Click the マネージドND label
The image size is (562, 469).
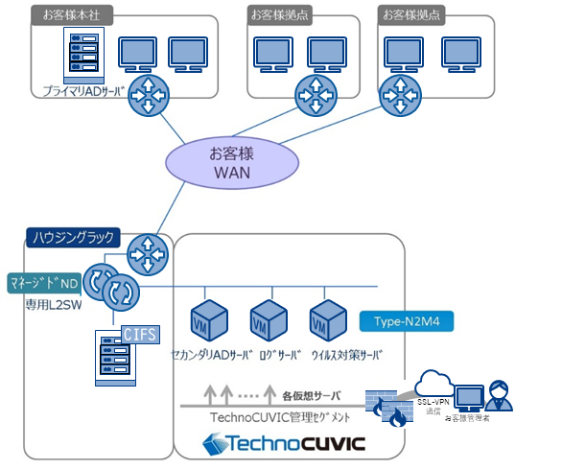click(43, 283)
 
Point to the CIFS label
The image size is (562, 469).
click(140, 334)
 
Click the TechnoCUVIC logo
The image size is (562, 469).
click(283, 444)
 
